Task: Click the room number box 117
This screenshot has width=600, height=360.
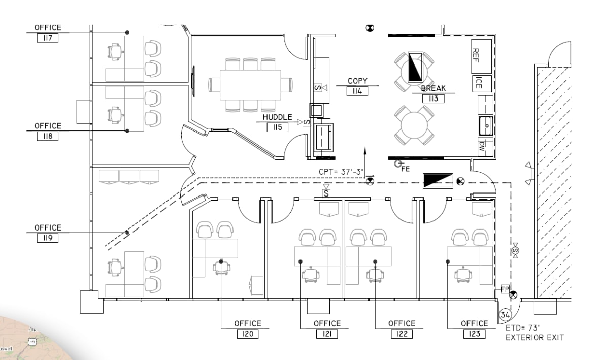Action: pyautogui.click(x=48, y=38)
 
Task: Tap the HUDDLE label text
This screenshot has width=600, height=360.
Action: pyautogui.click(x=277, y=117)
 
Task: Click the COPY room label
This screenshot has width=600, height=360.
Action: pyautogui.click(x=357, y=81)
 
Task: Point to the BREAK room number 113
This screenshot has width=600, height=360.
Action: pyautogui.click(x=433, y=99)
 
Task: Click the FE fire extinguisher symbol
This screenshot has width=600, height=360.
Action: pyautogui.click(x=398, y=163)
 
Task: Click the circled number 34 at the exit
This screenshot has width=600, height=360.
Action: pyautogui.click(x=505, y=315)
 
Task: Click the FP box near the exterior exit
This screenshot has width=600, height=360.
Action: pyautogui.click(x=505, y=289)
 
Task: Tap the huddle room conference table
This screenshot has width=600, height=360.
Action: pyautogui.click(x=250, y=84)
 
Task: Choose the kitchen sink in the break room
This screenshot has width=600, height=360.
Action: pyautogui.click(x=485, y=124)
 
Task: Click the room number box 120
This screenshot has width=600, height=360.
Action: pyautogui.click(x=248, y=334)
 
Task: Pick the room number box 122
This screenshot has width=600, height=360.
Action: pyautogui.click(x=402, y=334)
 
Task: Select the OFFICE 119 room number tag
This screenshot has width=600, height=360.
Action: pyautogui.click(x=48, y=238)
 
